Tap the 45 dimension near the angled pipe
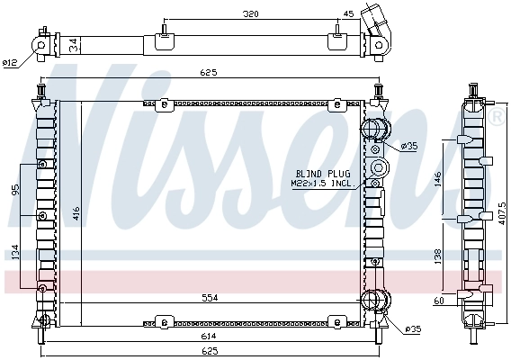(349, 14)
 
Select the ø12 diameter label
(10, 62)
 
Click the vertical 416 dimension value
(76, 212)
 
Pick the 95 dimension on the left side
(15, 190)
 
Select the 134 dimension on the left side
(15, 253)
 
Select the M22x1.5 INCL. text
(321, 183)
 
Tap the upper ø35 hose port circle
(375, 129)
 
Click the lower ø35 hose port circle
(375, 301)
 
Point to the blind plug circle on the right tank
(377, 168)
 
